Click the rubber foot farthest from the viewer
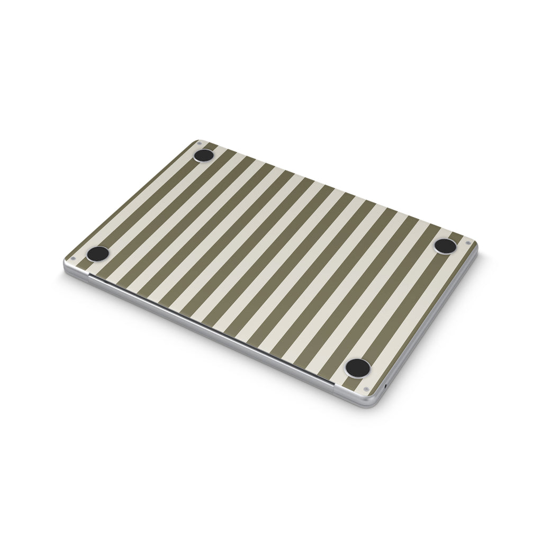coord(204,155)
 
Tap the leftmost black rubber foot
coord(98,254)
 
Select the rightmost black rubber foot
coord(445,246)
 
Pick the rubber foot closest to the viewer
coord(357,367)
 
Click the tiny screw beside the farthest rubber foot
coord(199,143)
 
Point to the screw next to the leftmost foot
coord(74,259)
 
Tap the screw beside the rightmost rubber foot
coord(468,243)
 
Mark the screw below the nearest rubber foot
coord(366,390)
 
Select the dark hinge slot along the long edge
coord(212,329)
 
